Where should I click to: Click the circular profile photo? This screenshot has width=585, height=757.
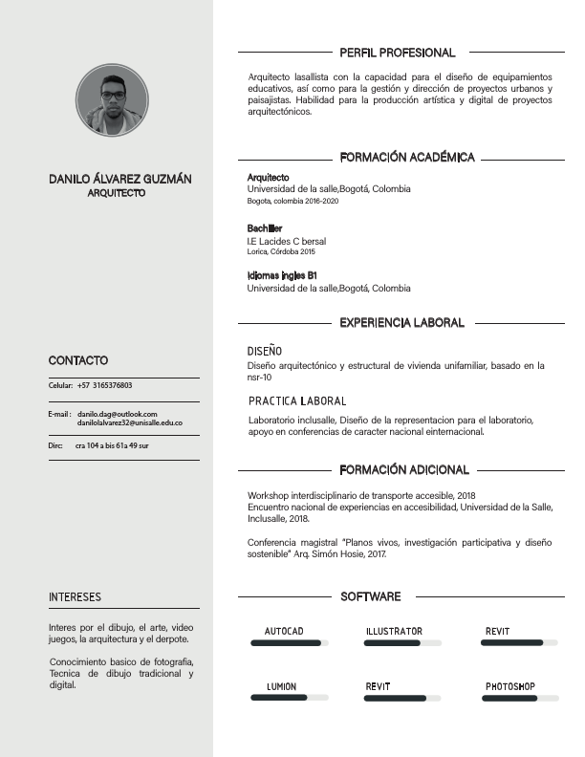point(112,100)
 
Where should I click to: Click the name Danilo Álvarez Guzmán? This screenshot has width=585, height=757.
point(120,179)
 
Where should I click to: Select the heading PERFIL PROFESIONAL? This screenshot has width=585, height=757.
point(397,53)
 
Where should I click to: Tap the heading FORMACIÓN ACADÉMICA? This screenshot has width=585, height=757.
point(406,157)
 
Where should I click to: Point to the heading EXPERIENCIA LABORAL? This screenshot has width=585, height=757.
point(401,323)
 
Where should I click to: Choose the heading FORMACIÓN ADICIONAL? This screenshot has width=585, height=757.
point(403,470)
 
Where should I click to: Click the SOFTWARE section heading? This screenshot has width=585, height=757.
point(371,596)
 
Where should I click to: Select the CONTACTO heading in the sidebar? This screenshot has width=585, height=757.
point(78,360)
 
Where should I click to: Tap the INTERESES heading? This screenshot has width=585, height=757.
point(75,597)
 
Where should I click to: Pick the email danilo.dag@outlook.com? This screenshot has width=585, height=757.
point(117,413)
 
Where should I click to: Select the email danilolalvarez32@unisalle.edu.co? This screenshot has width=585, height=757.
point(130,422)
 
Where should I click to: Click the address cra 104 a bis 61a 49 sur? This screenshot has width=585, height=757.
point(112,446)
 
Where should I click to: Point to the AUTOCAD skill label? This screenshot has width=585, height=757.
point(284,632)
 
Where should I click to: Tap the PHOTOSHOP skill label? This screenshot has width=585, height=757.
point(509,687)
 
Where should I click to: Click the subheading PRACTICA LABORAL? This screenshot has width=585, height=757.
point(296,401)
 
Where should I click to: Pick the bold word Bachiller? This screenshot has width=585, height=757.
point(265,228)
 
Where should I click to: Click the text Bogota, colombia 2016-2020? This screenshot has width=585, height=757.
point(292,202)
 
